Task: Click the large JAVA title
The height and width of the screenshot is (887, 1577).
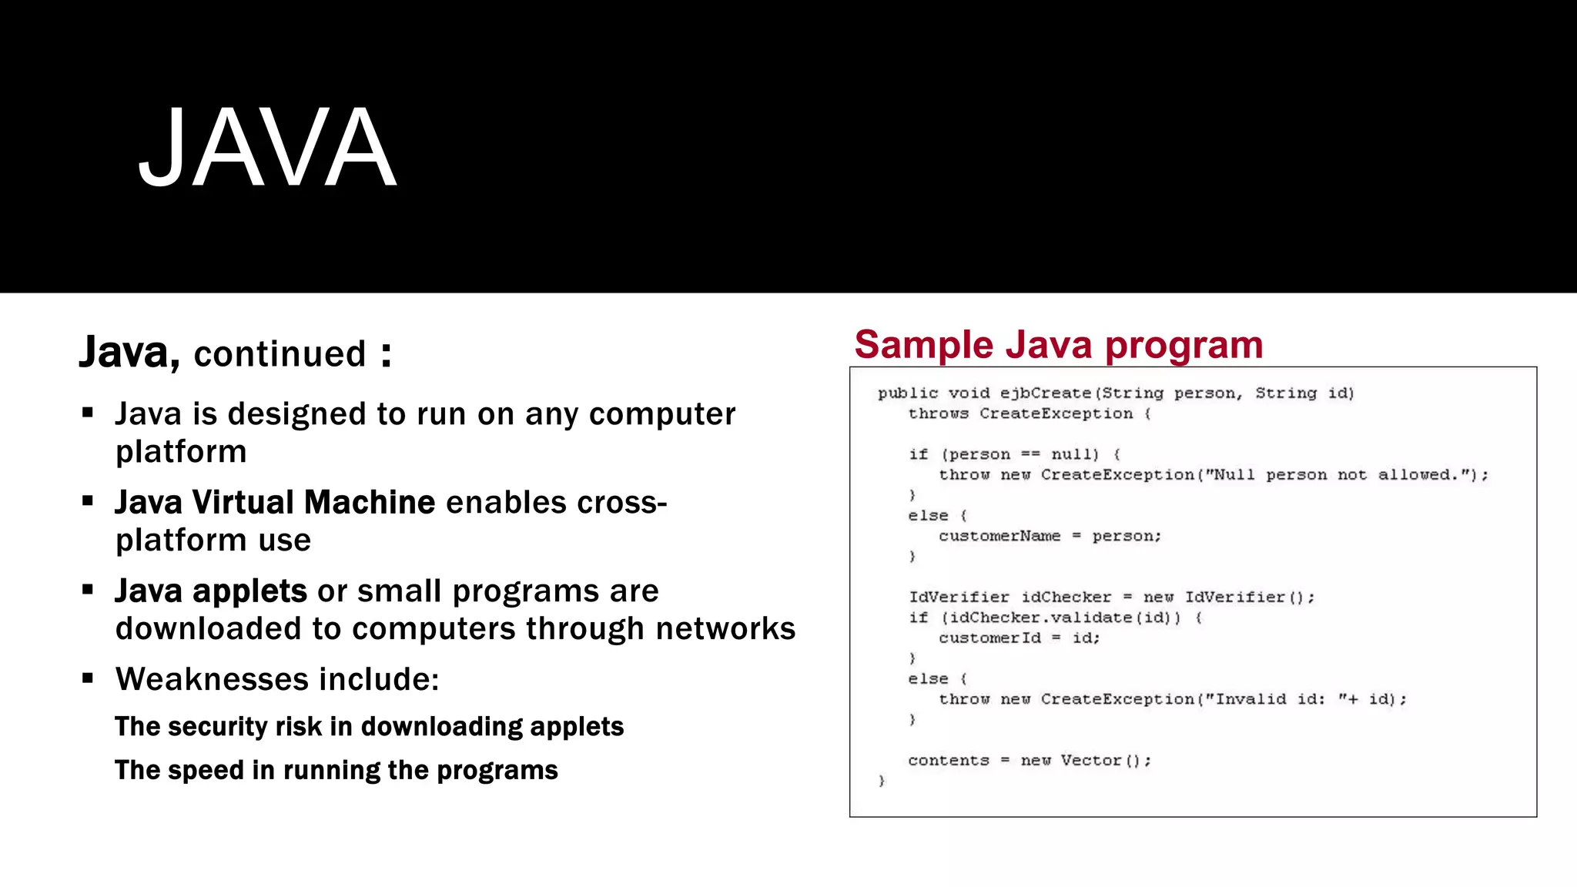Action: (x=267, y=148)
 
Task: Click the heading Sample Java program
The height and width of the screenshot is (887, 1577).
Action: (x=1058, y=344)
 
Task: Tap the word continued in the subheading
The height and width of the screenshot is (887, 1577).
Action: (x=280, y=354)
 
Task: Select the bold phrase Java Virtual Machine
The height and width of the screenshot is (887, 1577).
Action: (x=275, y=503)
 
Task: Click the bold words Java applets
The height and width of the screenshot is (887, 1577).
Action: (x=211, y=591)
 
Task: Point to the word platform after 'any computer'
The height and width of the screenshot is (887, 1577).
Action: (x=181, y=452)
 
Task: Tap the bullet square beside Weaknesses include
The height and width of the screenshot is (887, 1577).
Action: (x=88, y=678)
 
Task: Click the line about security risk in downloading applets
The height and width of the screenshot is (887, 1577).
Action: (x=369, y=727)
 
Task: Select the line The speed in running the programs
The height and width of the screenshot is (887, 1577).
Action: (x=336, y=771)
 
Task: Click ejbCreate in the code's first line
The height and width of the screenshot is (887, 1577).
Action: (x=1045, y=393)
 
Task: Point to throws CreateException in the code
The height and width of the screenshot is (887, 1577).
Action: (x=1020, y=414)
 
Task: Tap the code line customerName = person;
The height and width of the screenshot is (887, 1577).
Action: (x=1050, y=537)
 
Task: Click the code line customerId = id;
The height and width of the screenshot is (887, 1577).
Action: (x=1019, y=638)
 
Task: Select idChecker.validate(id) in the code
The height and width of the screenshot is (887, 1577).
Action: (x=1060, y=618)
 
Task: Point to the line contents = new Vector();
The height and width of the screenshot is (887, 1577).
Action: (x=1030, y=761)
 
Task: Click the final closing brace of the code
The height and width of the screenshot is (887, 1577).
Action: (x=882, y=781)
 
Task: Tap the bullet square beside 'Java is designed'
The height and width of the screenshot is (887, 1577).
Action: (x=88, y=413)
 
